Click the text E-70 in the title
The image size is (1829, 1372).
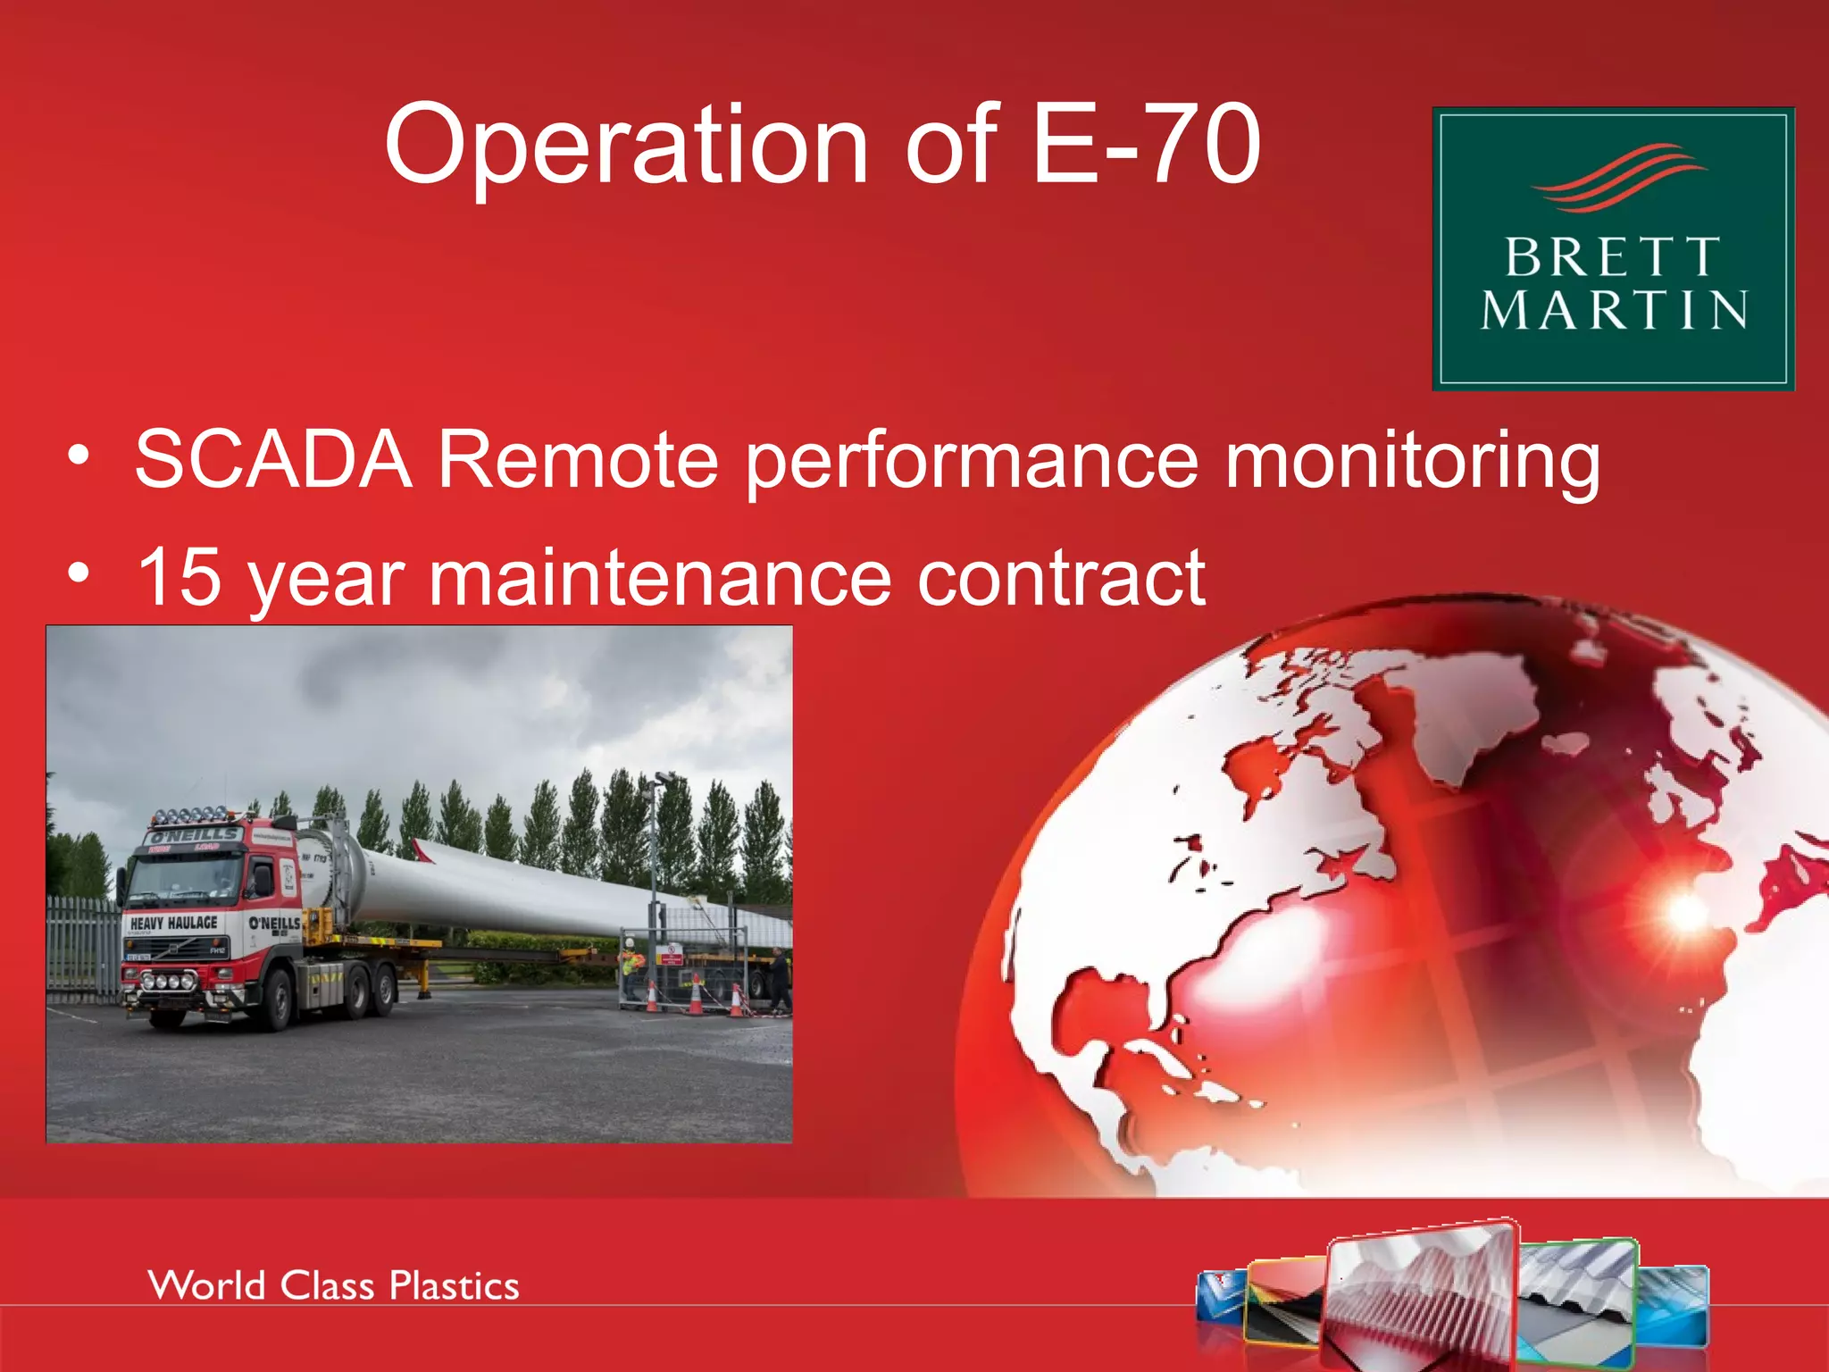pos(1146,145)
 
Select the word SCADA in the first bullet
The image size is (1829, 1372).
pos(272,460)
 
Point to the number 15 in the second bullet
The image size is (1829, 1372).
pos(179,578)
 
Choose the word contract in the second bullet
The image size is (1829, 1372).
pos(1061,579)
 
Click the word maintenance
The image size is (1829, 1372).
pos(660,579)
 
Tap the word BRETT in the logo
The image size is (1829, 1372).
pos(1612,258)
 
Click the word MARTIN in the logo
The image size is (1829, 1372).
pos(1614,310)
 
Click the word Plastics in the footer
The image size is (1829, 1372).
pos(454,1286)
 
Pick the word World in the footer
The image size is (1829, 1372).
pos(207,1286)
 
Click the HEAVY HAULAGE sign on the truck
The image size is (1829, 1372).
pos(174,923)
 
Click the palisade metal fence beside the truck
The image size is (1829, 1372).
pos(80,947)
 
